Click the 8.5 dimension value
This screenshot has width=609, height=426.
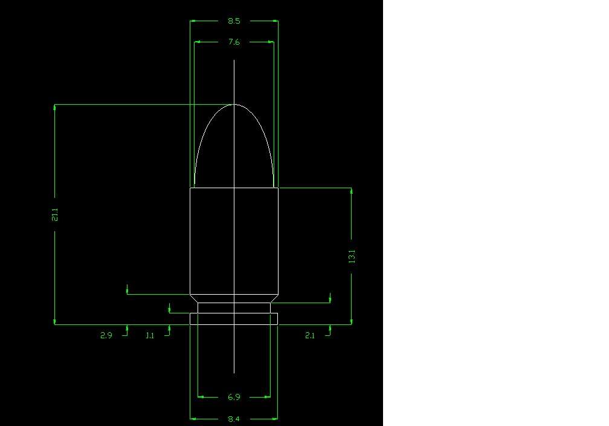click(x=234, y=21)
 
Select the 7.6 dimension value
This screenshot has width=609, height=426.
click(x=234, y=42)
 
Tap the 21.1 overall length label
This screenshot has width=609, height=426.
click(x=55, y=215)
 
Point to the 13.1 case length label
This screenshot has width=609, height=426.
click(x=352, y=257)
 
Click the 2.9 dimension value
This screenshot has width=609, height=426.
click(x=106, y=335)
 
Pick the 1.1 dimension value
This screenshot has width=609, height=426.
click(x=150, y=335)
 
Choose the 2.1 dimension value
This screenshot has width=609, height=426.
click(x=309, y=335)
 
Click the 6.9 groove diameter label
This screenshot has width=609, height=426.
click(x=234, y=397)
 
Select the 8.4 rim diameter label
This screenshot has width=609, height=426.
click(x=234, y=419)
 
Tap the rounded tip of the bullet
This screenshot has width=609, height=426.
click(x=234, y=105)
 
